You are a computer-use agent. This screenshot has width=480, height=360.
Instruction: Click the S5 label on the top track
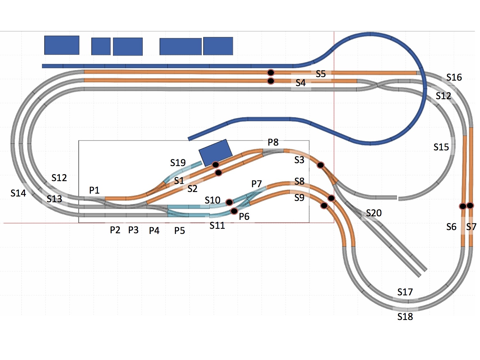point(320,74)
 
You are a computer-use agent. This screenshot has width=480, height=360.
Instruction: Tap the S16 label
point(454,77)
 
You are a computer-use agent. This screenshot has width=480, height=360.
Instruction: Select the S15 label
point(441,147)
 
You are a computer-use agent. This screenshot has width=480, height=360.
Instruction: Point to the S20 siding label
point(373,213)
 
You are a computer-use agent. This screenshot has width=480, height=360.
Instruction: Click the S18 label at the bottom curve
point(405,316)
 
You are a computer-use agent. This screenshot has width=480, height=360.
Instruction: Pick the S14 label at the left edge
point(18,193)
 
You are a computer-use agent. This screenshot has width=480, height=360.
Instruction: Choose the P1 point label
point(94,190)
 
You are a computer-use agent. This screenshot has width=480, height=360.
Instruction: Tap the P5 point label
point(180,230)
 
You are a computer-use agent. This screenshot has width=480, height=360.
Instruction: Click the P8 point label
point(273,142)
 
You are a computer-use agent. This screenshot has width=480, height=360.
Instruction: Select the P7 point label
point(256,184)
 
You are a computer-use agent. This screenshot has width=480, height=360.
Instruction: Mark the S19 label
point(178,163)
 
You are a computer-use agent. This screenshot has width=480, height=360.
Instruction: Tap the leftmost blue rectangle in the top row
point(62,45)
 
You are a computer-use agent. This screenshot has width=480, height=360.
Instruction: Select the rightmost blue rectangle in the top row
point(218,46)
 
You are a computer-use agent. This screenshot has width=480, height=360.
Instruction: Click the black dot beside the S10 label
point(229,202)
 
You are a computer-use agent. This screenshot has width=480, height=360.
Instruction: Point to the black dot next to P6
point(234,211)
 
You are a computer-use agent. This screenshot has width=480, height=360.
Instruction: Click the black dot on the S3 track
point(320,165)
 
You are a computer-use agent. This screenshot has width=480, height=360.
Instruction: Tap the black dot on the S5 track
point(271,73)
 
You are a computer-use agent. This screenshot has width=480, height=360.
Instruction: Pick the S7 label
point(471,227)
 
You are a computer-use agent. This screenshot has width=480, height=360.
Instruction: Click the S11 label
point(217,226)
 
